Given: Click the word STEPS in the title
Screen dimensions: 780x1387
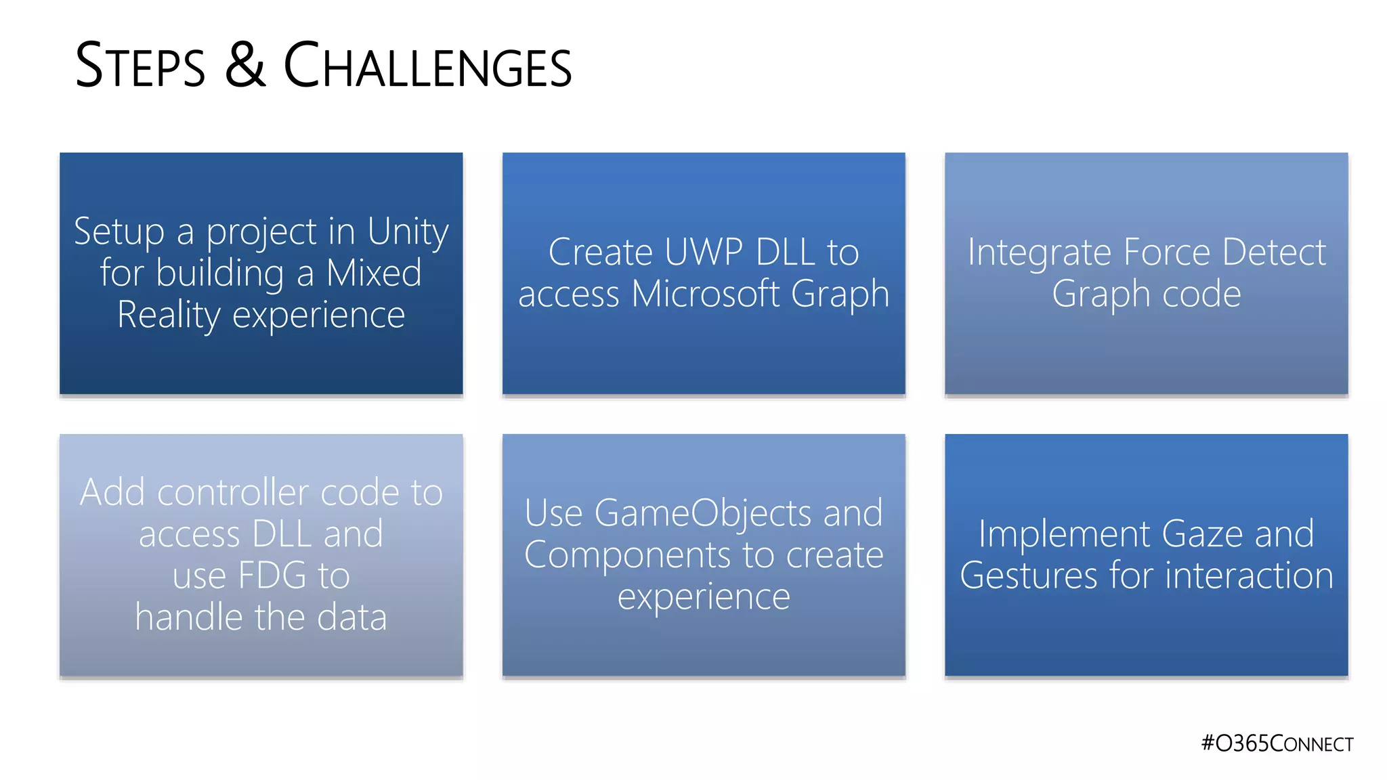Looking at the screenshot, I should click(x=140, y=66).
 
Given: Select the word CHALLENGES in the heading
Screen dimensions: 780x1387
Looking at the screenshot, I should click(x=427, y=66).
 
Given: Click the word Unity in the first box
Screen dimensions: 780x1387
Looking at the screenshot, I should click(x=408, y=232).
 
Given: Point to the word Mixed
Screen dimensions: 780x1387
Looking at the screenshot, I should click(x=374, y=273).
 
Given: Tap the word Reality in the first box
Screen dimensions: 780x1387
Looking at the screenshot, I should click(x=169, y=316).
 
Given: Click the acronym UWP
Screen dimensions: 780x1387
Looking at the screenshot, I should click(x=704, y=253).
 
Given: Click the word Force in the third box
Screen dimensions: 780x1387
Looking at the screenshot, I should click(x=1166, y=253).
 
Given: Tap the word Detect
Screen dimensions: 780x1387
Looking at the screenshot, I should click(x=1274, y=253).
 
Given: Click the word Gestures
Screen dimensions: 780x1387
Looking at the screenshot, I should click(x=1028, y=576).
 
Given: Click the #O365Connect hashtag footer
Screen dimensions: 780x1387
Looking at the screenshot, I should click(x=1277, y=743).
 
